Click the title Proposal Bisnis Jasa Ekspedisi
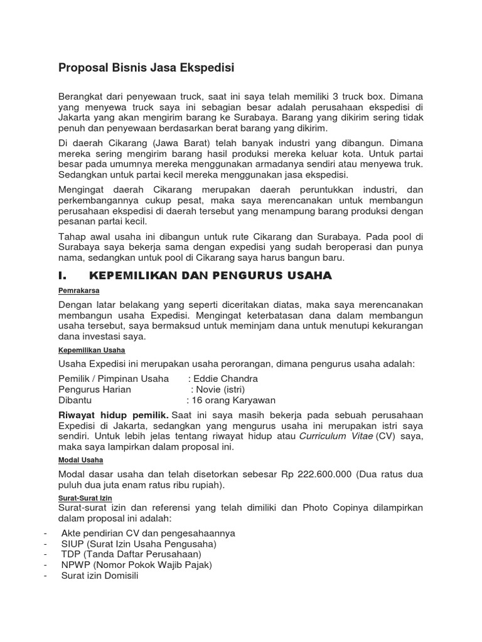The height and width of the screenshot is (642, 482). click(146, 68)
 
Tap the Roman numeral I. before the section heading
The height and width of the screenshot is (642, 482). click(62, 276)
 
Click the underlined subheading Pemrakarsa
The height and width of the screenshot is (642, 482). click(79, 291)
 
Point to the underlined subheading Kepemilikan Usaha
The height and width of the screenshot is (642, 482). click(92, 350)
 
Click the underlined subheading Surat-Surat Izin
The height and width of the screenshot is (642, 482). click(85, 497)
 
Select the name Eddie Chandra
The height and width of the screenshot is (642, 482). click(225, 379)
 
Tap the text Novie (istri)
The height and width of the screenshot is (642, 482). click(227, 389)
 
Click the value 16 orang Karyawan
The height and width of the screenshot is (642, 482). click(233, 400)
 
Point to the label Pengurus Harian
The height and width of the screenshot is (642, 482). click(95, 389)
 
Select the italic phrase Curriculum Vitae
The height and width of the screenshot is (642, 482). click(336, 436)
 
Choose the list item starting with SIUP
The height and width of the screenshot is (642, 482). click(138, 544)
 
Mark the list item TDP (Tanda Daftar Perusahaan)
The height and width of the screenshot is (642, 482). click(131, 554)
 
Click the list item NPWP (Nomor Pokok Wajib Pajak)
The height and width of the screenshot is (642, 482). click(136, 565)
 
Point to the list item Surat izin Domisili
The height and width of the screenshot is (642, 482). click(99, 576)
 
